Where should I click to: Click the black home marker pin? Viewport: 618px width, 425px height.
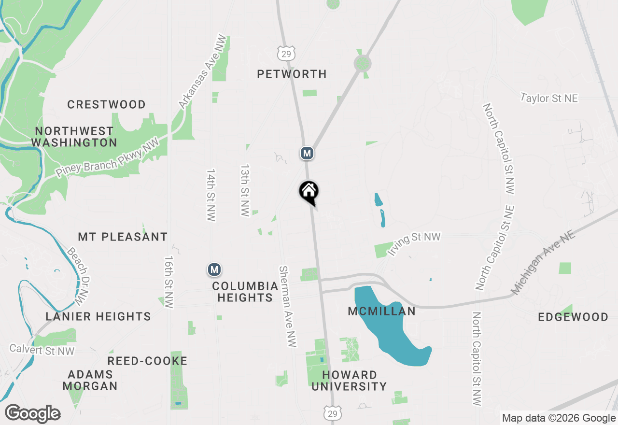point(309,192)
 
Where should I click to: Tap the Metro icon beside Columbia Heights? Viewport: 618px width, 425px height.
point(214,269)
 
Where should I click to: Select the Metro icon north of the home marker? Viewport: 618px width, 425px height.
point(307,154)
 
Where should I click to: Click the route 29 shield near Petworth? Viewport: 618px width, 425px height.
point(286,54)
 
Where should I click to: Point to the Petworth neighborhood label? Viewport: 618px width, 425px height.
point(292,74)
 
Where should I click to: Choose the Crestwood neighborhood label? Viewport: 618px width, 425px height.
point(106,104)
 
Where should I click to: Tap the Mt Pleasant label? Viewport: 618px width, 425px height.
point(123,237)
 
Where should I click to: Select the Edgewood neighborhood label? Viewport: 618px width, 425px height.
point(573,317)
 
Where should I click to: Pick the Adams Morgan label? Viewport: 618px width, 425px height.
point(90,380)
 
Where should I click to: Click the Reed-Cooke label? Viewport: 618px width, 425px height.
point(147,361)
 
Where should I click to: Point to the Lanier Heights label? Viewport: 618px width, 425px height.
point(98,316)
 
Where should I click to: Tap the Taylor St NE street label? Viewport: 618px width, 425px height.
point(549,98)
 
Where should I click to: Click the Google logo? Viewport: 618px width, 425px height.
point(32,414)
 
